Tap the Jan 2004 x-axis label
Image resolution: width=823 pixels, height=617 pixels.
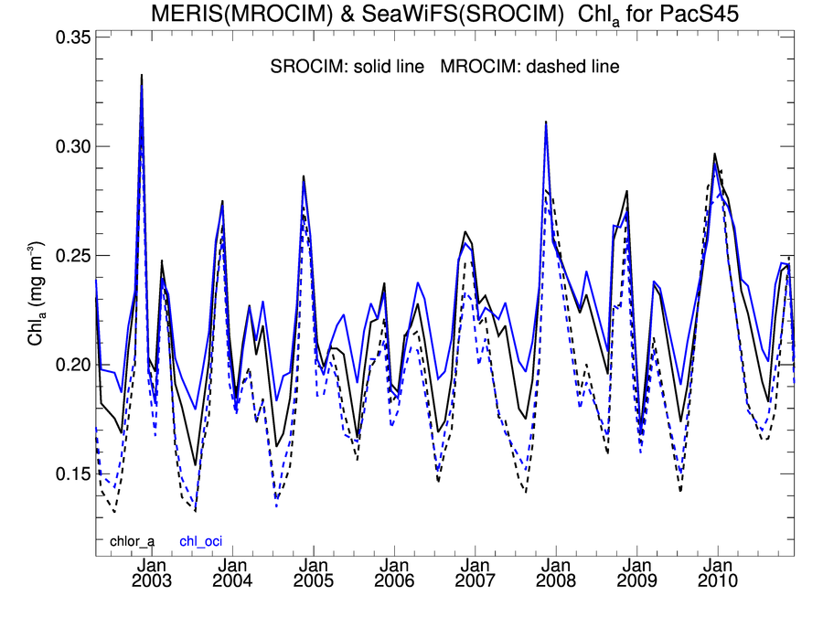pyautogui.click(x=232, y=574)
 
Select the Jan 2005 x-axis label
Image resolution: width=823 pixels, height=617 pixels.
pyautogui.click(x=314, y=574)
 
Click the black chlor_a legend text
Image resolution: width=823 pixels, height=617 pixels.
pyautogui.click(x=134, y=541)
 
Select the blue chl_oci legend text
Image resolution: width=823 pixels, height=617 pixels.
pyautogui.click(x=201, y=541)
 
